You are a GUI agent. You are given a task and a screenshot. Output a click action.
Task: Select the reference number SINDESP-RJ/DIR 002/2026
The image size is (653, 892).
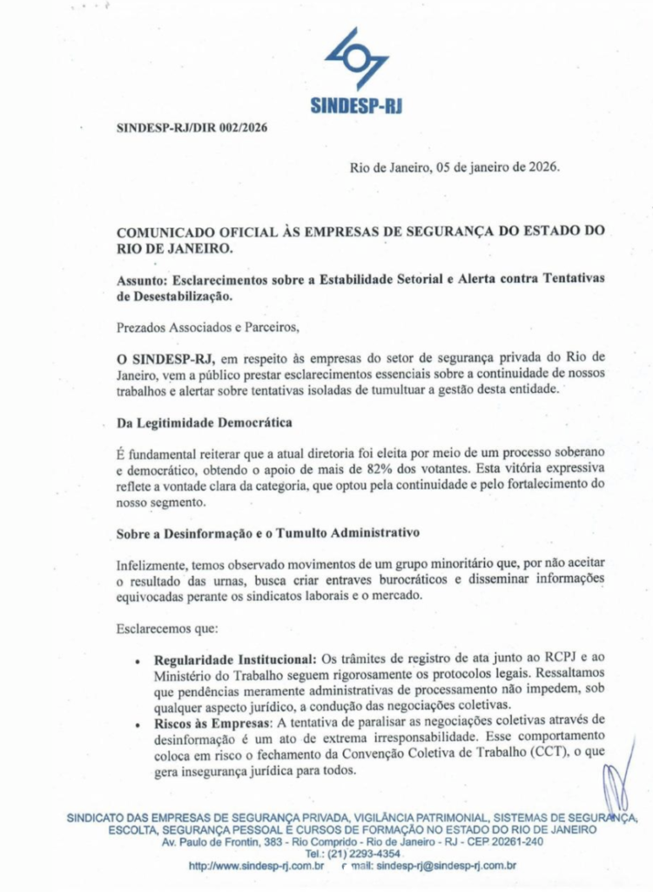[192, 127]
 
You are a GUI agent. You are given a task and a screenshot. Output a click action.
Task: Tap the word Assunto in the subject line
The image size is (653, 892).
[141, 278]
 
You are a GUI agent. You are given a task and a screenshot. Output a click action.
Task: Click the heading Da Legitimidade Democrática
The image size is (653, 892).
[205, 423]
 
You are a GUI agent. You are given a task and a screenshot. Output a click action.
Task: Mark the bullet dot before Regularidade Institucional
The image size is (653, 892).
[138, 661]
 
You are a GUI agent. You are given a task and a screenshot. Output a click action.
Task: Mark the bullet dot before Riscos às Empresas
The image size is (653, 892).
[138, 722]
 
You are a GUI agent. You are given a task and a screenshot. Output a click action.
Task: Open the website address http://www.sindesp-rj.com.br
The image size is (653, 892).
[257, 866]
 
